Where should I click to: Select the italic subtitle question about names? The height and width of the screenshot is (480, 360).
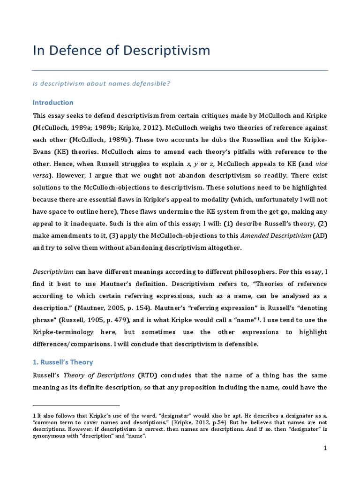[101, 83]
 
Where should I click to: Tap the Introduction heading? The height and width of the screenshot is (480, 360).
[53, 102]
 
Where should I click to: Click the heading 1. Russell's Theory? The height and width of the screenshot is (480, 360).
[63, 362]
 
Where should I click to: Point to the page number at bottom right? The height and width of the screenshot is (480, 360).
[325, 448]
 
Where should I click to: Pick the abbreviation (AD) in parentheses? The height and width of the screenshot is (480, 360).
[320, 235]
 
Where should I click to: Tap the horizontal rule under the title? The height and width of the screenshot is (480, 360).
[180, 71]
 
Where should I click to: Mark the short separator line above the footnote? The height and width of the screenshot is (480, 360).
[76, 405]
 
